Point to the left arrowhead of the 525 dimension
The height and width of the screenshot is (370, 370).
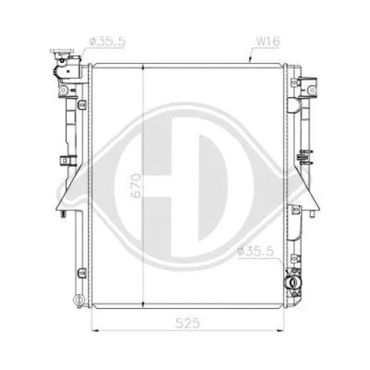[x=94, y=329]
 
